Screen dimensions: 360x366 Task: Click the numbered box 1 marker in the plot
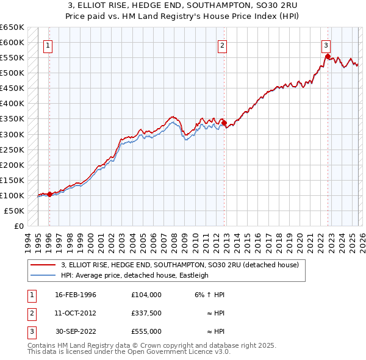48,45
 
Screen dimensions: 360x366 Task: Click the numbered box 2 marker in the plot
223,45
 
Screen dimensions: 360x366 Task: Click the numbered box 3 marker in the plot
326,45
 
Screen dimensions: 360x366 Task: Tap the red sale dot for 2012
224,122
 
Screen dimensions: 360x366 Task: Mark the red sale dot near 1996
49,194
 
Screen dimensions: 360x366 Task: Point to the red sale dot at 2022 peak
328,56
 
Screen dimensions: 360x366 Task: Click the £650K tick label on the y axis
12,27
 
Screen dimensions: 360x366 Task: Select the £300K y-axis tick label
12,134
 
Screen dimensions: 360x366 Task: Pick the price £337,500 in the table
146,313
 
